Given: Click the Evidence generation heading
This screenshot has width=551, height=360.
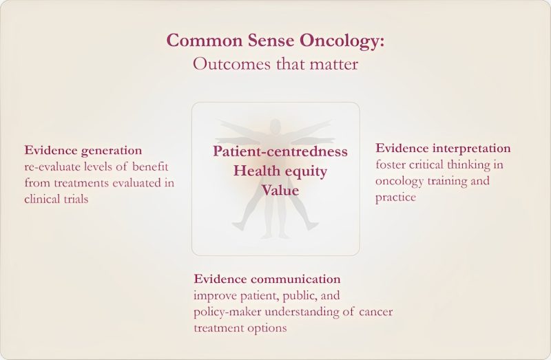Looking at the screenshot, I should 83,150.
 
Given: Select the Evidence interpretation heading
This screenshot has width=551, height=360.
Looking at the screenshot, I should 443,148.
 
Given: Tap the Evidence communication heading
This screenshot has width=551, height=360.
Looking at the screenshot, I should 267,279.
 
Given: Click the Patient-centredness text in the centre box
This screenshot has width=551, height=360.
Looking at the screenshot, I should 280,151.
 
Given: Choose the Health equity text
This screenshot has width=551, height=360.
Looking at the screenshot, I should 280,171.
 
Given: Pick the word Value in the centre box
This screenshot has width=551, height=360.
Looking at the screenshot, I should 280,190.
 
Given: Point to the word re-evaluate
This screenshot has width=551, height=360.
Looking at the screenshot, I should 54,167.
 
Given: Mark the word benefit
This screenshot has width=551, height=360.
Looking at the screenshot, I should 149,167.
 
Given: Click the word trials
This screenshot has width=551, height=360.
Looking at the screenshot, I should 88,199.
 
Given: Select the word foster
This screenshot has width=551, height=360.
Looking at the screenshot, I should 391,165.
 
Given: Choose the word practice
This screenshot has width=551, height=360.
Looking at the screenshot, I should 395,198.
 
